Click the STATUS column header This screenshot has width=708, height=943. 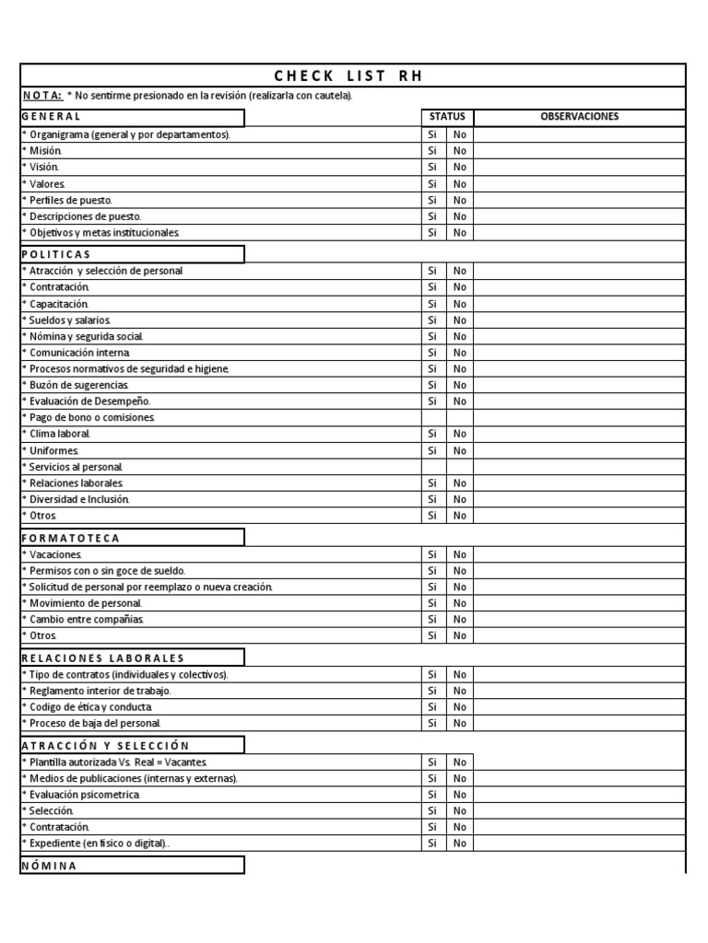click(x=447, y=117)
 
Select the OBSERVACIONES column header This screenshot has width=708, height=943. click(x=579, y=117)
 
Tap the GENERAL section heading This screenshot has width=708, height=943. click(x=52, y=117)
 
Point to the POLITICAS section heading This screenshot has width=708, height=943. click(x=56, y=254)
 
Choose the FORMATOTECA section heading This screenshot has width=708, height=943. click(x=70, y=538)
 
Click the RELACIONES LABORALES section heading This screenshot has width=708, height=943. click(x=102, y=658)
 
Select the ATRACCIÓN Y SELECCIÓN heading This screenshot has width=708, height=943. click(x=104, y=745)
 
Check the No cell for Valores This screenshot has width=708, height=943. click(x=460, y=184)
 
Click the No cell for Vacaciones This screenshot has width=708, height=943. click(x=460, y=554)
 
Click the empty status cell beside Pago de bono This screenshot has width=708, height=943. click(x=446, y=418)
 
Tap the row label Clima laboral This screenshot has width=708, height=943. click(x=58, y=434)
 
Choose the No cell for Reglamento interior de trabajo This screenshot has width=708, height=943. click(x=460, y=691)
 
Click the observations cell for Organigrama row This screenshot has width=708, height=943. click(x=579, y=134)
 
